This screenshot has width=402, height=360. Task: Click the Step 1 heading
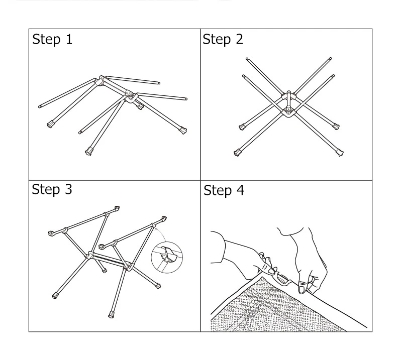52,40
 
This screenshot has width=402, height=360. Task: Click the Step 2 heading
223,40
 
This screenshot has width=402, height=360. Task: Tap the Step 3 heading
52,189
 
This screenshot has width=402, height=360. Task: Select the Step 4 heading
224,190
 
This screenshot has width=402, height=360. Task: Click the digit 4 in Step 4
240,190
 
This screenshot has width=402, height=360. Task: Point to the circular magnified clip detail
167,257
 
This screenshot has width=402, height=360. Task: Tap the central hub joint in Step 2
289,104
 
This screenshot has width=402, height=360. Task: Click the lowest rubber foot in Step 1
89,151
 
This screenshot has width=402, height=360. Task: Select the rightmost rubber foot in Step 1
183,130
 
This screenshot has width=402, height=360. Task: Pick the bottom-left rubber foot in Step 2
237,153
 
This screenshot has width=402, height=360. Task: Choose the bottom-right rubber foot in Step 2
340,153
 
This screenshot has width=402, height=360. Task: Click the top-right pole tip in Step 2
330,59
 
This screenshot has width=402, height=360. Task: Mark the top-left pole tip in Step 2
247,59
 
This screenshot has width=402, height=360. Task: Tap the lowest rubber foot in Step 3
112,314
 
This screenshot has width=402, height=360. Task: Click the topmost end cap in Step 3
117,208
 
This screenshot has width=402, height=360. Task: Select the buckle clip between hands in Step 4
283,279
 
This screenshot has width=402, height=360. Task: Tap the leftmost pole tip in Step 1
40,106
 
